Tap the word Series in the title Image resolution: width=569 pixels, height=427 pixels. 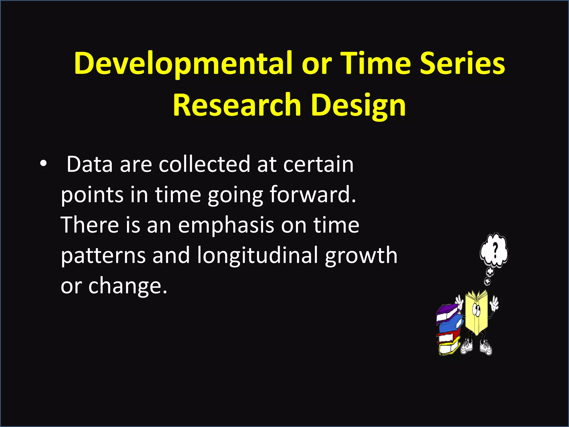point(462,64)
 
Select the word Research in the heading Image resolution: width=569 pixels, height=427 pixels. point(237,105)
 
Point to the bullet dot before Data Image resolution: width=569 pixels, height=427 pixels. point(43,164)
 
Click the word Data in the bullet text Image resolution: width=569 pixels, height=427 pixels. point(89,165)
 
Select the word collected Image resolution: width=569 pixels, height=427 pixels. point(204,165)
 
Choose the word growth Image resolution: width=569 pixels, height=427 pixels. point(361,256)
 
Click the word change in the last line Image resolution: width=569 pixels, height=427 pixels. point(128,286)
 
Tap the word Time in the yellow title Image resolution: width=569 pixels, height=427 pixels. point(375,64)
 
